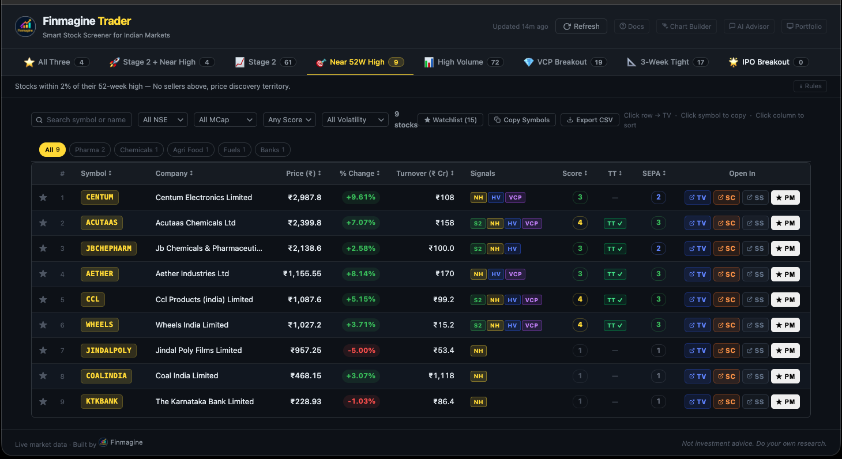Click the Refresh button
pos(581,27)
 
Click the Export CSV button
pos(589,120)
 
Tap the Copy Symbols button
pos(522,120)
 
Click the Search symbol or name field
pos(81,120)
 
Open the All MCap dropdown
pos(225,120)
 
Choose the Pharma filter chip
pos(90,150)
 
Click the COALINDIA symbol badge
pos(106,376)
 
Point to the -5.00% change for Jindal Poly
pos(360,351)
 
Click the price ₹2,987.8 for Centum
pos(305,198)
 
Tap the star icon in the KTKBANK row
pos(43,402)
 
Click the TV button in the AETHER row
pos(697,274)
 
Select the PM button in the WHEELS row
pos(785,325)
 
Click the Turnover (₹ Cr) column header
pos(424,174)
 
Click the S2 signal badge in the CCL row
pos(478,300)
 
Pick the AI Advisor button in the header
pos(749,27)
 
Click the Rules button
pos(810,86)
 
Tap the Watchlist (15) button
pos(450,120)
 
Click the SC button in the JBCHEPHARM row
pos(726,249)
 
